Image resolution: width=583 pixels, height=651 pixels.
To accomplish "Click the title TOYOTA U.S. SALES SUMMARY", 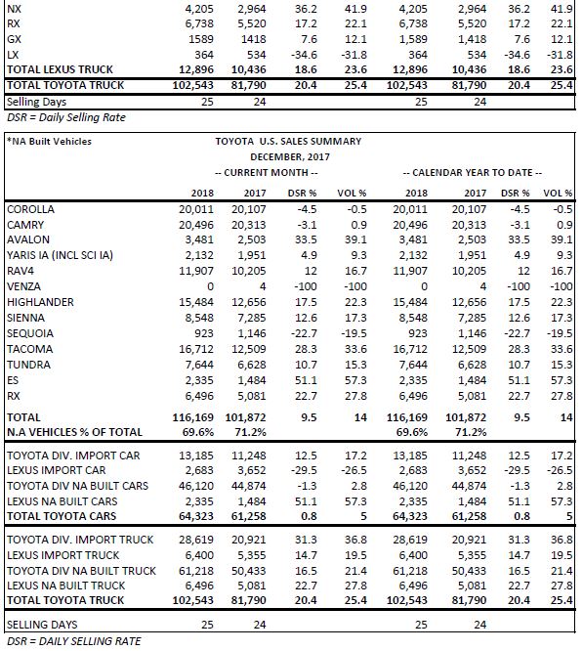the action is click(x=288, y=141).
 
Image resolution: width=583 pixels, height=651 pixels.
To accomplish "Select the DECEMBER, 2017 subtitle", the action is click(x=290, y=157).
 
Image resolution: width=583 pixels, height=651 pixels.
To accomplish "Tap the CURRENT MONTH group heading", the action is click(x=267, y=173).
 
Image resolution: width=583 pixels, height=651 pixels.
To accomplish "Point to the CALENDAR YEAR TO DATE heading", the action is click(x=473, y=173).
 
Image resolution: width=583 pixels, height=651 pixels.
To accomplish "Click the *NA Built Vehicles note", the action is click(x=49, y=141).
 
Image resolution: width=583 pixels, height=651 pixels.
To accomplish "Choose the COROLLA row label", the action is click(x=30, y=209).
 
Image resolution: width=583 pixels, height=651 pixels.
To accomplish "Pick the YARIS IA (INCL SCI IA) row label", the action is click(x=60, y=255).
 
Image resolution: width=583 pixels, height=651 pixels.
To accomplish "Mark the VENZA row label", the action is click(x=23, y=286).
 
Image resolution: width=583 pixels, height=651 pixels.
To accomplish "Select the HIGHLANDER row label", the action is click(x=40, y=302).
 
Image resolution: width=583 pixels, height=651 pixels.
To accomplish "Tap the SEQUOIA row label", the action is click(x=30, y=333).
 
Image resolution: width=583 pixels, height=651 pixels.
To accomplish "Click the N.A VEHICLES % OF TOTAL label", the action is click(x=74, y=432).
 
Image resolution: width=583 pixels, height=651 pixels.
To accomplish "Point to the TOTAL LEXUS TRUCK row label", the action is click(x=60, y=69).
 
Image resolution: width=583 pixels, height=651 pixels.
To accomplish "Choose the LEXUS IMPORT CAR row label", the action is click(x=57, y=470).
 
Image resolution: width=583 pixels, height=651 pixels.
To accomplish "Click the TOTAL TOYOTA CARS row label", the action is click(x=62, y=516).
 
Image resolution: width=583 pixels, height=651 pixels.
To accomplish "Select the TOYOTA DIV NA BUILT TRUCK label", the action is click(x=81, y=571).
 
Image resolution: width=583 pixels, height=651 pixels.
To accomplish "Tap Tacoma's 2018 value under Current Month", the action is click(x=196, y=349).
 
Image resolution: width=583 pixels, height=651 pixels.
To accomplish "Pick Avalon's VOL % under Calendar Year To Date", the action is click(x=562, y=239).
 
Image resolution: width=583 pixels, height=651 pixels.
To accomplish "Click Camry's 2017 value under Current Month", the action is click(x=249, y=225).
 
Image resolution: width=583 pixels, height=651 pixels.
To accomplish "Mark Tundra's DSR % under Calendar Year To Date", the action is click(x=520, y=365).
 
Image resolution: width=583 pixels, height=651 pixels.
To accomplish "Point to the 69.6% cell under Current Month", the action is click(x=198, y=432).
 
